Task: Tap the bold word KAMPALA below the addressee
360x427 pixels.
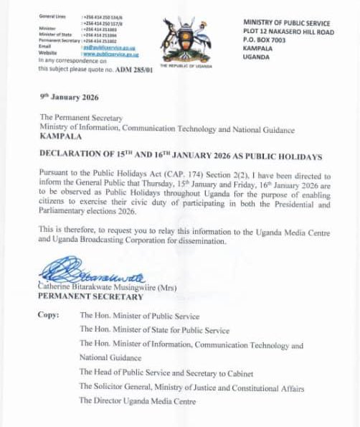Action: [62, 136]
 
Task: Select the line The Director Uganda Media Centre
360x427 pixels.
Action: [137, 402]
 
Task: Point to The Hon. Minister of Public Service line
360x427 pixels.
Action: [139, 316]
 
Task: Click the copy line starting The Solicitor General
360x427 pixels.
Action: [191, 388]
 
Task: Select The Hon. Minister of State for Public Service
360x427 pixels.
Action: [154, 331]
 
